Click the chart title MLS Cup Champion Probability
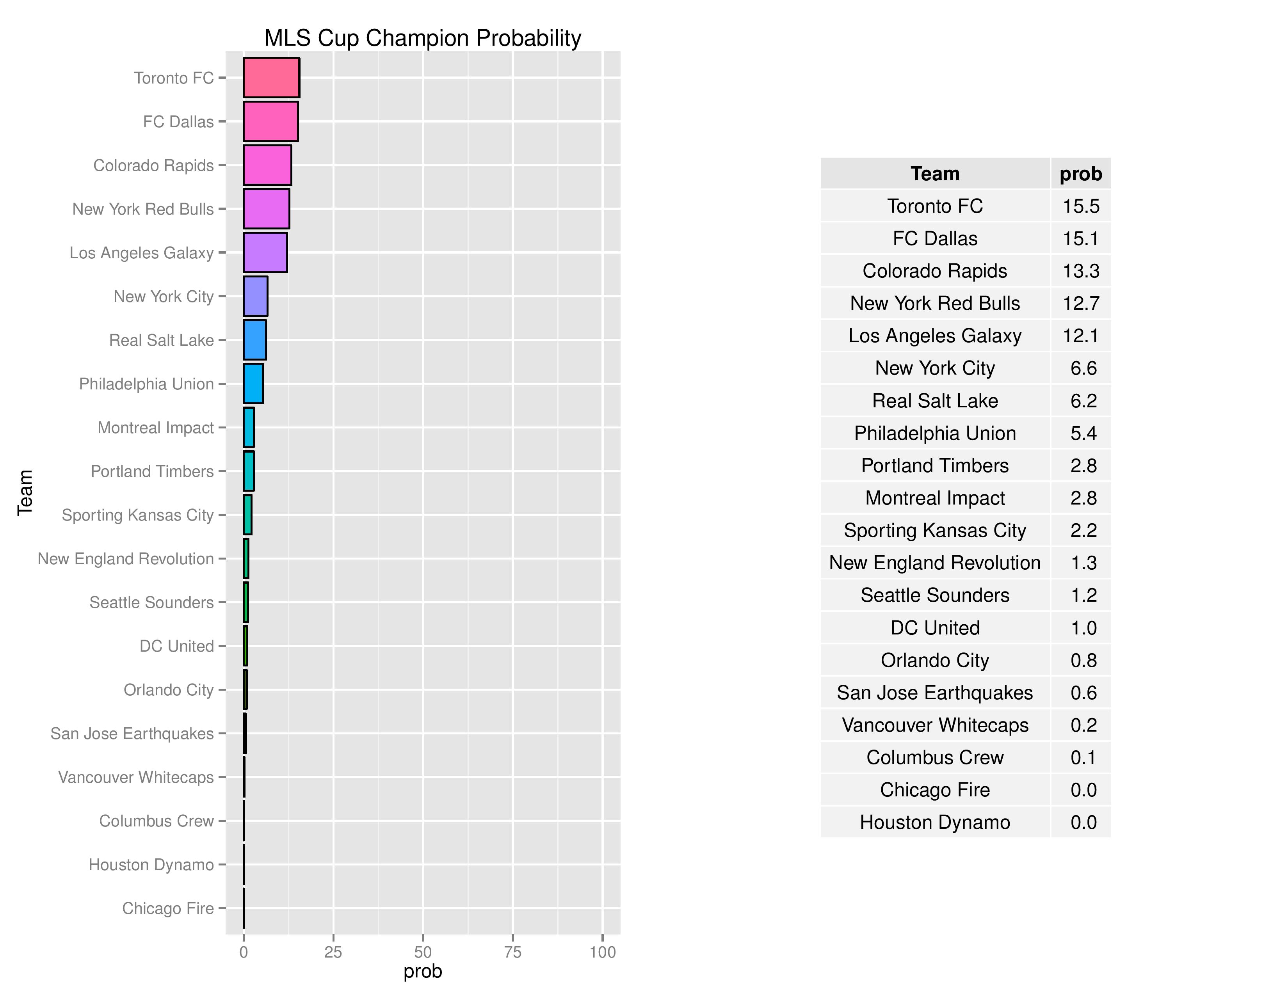tap(422, 38)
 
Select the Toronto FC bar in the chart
tap(271, 77)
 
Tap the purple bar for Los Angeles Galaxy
tap(265, 252)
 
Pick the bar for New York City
tap(255, 296)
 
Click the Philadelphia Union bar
tap(253, 384)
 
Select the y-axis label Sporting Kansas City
tap(137, 515)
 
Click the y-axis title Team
tap(25, 493)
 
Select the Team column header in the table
tap(935, 174)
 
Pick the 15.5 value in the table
tap(1081, 206)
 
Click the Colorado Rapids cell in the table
tap(935, 271)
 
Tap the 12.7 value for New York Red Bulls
tap(1081, 304)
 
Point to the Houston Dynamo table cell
tap(935, 822)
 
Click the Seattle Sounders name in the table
tap(935, 595)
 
